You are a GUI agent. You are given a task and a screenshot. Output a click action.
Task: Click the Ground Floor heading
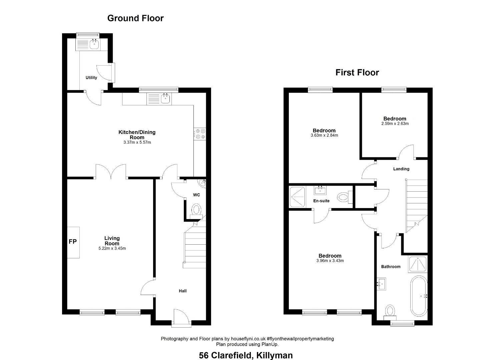point(135,18)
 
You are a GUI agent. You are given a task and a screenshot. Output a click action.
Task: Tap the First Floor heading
point(357,73)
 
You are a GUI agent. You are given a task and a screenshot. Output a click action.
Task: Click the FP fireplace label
point(73,242)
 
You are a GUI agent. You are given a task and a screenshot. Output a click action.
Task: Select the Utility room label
point(91,78)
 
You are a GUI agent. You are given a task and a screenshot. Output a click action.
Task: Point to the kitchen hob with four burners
point(200,134)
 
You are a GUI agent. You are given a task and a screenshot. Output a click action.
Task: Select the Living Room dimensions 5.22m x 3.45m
point(112,248)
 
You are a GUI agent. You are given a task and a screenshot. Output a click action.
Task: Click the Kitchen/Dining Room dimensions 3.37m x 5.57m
point(137,142)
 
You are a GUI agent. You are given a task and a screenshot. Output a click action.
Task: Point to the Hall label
point(182,291)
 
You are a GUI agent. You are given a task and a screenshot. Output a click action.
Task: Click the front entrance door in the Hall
point(181,318)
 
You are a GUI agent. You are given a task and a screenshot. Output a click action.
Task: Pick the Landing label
point(401,169)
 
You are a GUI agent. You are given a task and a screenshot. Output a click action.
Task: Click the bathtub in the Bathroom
point(419,296)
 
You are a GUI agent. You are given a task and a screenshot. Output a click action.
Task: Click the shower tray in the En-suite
point(298,197)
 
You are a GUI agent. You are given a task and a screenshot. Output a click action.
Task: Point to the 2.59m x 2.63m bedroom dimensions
point(395,124)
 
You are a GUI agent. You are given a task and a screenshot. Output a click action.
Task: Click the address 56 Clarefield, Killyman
point(246,355)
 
